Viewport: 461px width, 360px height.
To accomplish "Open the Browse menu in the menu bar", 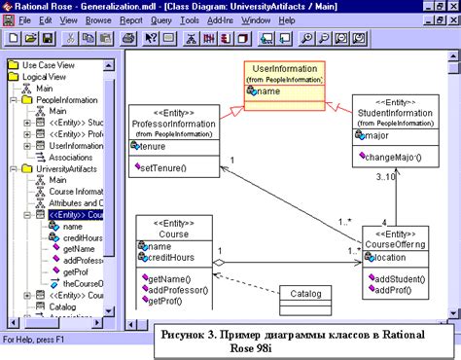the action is pyautogui.click(x=99, y=19).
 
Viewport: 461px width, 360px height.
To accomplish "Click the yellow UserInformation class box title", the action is pyautogui.click(x=285, y=68).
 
